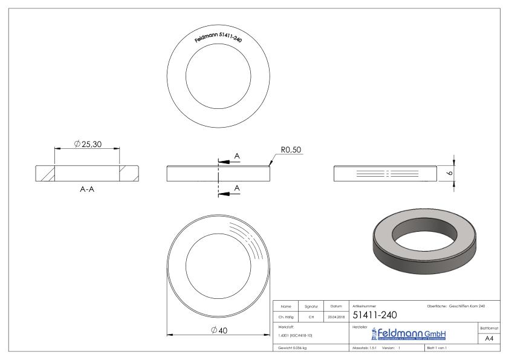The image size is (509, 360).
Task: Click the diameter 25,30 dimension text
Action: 89,143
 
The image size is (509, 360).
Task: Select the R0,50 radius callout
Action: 291,150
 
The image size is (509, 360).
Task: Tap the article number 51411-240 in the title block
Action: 374,315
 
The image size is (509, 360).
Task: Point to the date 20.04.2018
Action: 336,315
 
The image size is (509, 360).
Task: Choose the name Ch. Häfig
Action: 287,315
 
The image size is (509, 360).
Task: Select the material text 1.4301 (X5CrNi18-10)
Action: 296,335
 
